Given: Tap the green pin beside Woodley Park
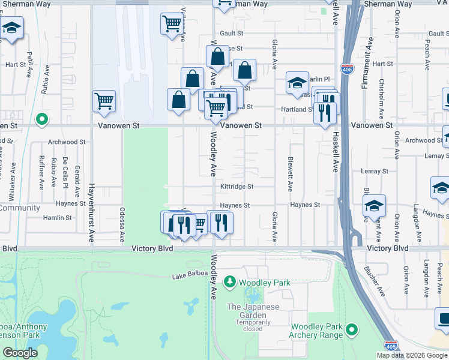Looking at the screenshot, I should [229, 281].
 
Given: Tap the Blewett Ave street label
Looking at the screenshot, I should [291, 175].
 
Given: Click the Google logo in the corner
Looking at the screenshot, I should [20, 353].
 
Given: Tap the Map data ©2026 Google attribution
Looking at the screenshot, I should [412, 355].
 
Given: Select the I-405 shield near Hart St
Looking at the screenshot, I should [346, 69].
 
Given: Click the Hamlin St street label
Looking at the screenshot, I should [58, 218].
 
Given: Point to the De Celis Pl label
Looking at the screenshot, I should [65, 173].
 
